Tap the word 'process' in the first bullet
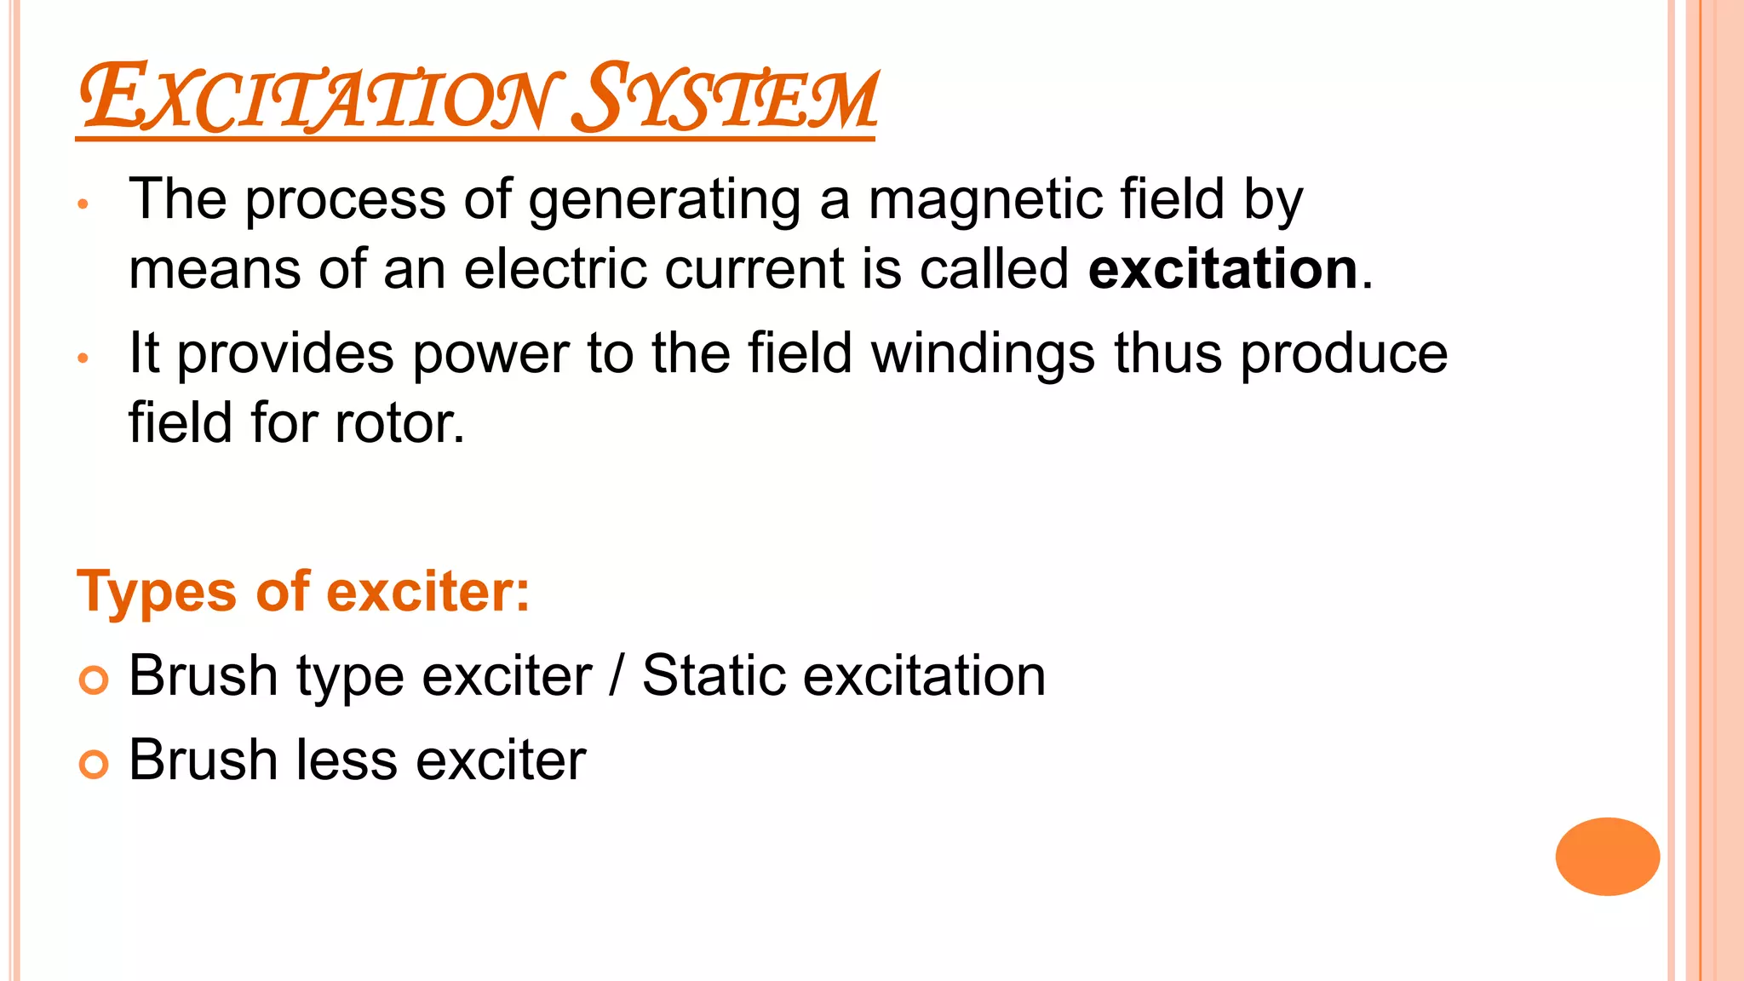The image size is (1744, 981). pyautogui.click(x=345, y=201)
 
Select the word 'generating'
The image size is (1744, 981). pyautogui.click(x=664, y=201)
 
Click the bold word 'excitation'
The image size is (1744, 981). pyautogui.click(x=1223, y=269)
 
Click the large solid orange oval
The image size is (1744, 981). pyautogui.click(x=1607, y=857)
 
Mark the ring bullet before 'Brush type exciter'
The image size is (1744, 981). pyautogui.click(x=94, y=680)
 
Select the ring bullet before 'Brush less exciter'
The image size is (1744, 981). pyautogui.click(x=94, y=764)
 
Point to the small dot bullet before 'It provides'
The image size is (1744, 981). pyautogui.click(x=83, y=359)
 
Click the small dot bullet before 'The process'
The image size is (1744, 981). pyautogui.click(x=83, y=204)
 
